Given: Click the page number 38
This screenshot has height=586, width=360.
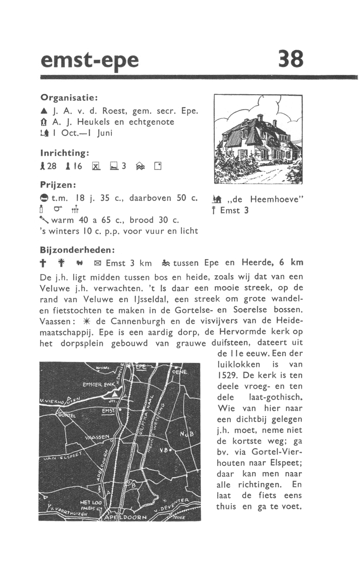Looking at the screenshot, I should [291, 59].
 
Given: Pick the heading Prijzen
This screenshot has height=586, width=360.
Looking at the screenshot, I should [57, 184].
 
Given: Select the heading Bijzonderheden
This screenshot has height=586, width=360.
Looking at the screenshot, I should [77, 249].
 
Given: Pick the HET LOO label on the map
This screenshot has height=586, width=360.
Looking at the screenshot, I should [90, 502].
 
